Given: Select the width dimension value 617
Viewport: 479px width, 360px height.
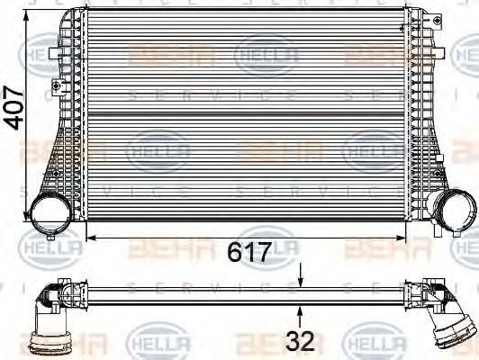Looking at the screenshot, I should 248,253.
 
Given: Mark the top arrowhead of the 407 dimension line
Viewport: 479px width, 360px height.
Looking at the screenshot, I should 34,13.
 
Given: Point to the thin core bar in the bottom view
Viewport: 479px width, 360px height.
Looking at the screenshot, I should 243,292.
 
